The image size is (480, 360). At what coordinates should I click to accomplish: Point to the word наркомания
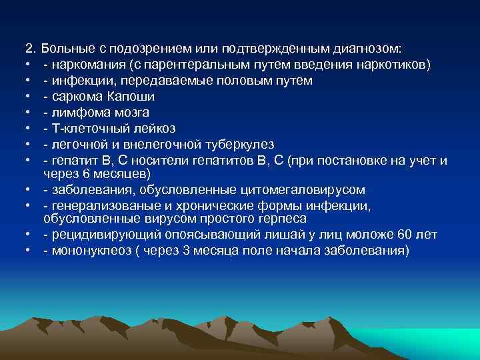tap(85, 65)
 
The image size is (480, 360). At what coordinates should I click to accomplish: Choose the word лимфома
tap(76, 113)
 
